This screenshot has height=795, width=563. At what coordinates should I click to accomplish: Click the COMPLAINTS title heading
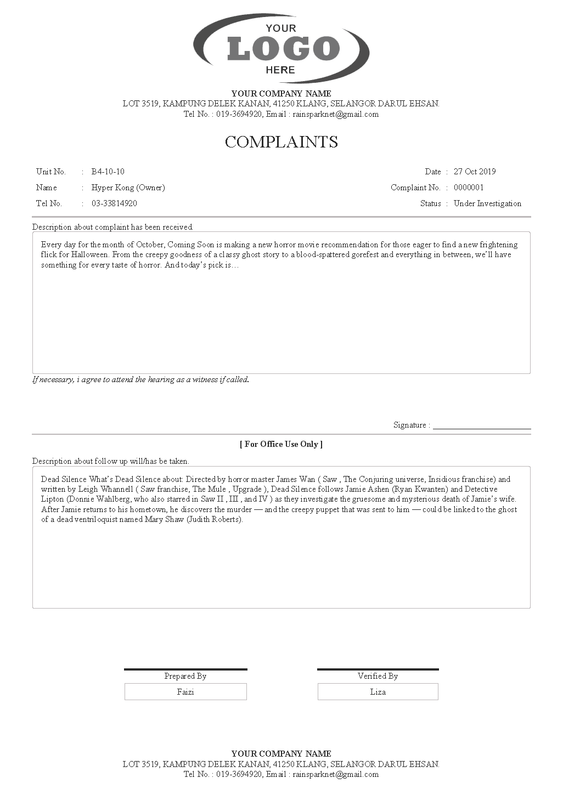tap(281, 142)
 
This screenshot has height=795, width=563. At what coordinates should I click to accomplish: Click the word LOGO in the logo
tap(283, 49)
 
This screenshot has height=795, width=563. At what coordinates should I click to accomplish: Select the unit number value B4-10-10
tap(108, 172)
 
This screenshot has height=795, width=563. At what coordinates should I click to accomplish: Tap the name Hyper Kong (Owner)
tap(128, 188)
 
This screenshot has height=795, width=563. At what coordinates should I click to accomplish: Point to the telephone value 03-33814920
tap(114, 203)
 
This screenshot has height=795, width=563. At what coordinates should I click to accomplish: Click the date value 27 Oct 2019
tap(474, 172)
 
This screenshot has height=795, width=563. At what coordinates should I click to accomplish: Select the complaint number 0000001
tap(469, 188)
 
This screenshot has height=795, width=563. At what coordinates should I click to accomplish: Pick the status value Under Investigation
tap(487, 203)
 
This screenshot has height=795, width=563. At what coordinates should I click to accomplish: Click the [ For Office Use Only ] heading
tap(281, 444)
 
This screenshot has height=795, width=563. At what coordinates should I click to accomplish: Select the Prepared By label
tap(185, 676)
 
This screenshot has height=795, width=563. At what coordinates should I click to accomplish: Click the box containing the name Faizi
tap(185, 692)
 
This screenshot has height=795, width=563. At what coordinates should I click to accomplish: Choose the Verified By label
tap(378, 676)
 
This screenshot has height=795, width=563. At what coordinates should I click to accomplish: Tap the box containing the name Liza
tap(378, 692)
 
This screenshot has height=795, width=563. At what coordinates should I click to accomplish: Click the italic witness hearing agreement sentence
tap(140, 379)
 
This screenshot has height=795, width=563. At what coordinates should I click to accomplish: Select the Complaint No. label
tap(415, 188)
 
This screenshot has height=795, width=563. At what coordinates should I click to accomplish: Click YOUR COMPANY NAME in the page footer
tap(281, 753)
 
